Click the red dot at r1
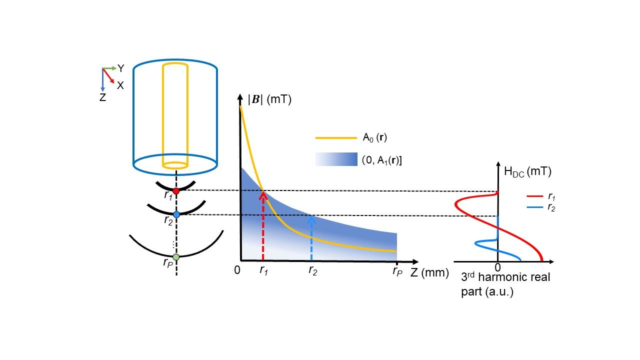176,191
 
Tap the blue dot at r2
176,214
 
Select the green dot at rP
175,257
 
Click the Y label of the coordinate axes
120,68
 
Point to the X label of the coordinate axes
120,85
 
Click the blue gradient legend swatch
336,159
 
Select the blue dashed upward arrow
311,237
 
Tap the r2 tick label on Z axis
312,271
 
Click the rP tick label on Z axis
397,272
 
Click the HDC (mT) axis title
527,172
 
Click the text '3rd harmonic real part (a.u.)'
505,284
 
